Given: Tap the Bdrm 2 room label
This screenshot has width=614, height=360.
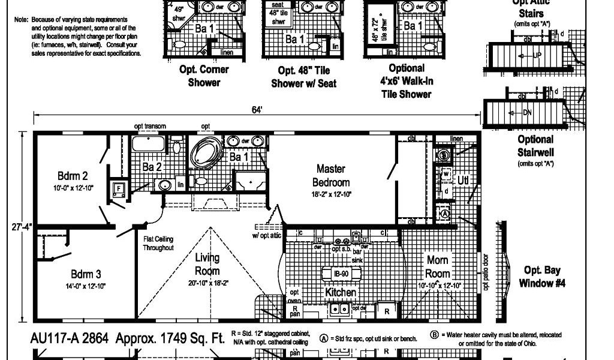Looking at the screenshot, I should pyautogui.click(x=73, y=176).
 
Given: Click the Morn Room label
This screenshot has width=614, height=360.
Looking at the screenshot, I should pyautogui.click(x=438, y=266).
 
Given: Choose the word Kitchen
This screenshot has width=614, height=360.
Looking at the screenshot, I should pyautogui.click(x=341, y=292).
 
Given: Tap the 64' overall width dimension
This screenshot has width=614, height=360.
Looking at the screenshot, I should pyautogui.click(x=257, y=109).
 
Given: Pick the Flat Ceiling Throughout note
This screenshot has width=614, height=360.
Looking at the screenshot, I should pyautogui.click(x=158, y=243).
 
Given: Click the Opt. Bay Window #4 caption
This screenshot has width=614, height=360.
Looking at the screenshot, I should pyautogui.click(x=543, y=277).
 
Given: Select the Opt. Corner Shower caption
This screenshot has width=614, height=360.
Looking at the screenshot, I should pyautogui.click(x=204, y=76).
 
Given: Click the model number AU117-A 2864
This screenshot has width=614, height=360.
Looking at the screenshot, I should pyautogui.click(x=69, y=338).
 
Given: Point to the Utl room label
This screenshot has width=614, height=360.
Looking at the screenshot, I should pyautogui.click(x=463, y=179).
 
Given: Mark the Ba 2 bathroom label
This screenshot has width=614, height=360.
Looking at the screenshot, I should pyautogui.click(x=152, y=167).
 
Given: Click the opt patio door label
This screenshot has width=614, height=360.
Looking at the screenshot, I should pyautogui.click(x=486, y=274).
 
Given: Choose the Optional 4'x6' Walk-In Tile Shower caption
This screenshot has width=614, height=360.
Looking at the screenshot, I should pyautogui.click(x=407, y=81).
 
